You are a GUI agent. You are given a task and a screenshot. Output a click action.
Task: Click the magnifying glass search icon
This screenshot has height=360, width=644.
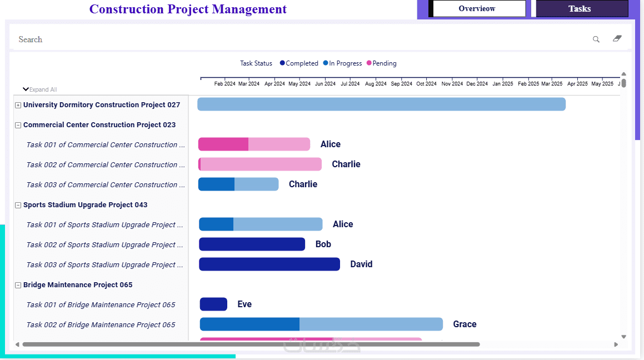[x=596, y=39]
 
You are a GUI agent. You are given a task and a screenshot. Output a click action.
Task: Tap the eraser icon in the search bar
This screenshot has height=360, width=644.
[x=617, y=39]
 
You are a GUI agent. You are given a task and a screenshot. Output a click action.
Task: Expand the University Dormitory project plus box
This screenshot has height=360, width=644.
[x=18, y=105]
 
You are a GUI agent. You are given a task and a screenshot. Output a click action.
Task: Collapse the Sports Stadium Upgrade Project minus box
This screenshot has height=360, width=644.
[x=18, y=205]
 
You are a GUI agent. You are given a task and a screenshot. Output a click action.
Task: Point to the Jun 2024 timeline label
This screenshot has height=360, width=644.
[x=325, y=84]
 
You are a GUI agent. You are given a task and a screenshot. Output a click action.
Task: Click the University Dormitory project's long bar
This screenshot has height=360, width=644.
[x=381, y=104]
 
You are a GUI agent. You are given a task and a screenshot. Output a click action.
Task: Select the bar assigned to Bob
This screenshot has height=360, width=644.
[x=252, y=244]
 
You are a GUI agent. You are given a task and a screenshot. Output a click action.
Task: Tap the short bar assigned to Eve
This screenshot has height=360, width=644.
[x=213, y=304]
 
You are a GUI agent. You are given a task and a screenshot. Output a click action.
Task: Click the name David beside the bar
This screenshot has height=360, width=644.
[x=361, y=264]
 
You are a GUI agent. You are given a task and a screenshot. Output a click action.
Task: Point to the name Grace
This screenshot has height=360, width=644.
[x=465, y=324]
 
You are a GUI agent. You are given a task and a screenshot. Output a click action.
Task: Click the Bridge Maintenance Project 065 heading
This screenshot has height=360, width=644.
[x=78, y=285]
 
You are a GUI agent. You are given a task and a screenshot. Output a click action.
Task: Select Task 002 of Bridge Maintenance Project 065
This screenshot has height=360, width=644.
[x=101, y=325]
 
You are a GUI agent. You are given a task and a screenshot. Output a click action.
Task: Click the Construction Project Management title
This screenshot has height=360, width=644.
[x=188, y=9]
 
